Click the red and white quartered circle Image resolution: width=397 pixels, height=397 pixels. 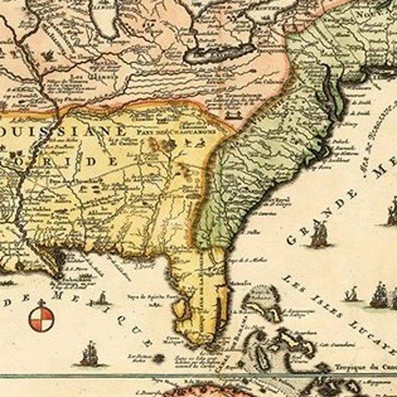41,318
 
